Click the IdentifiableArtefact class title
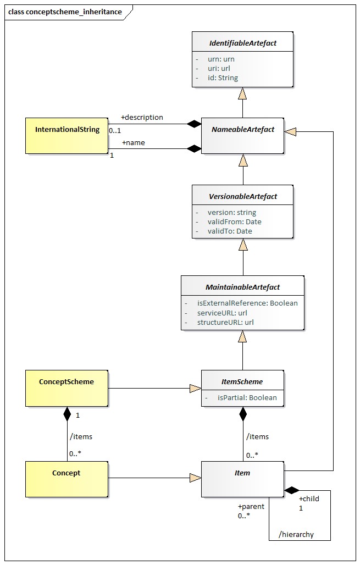[243, 43]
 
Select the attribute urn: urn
[221, 59]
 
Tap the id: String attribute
[223, 78]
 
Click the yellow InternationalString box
[67, 136]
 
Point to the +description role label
[142, 118]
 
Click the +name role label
[134, 143]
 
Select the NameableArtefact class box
[242, 136]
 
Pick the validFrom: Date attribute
[234, 221]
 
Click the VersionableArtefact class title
[243, 196]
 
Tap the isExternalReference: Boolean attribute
[247, 303]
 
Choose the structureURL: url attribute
[225, 322]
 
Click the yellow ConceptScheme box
[67, 388]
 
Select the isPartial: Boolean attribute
[247, 398]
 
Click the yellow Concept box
[67, 479]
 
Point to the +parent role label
[251, 506]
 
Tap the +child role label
[309, 498]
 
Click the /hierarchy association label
[296, 534]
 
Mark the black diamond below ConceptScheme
[67, 414]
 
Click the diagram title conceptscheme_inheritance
[74, 12]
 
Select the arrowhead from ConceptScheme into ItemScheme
[196, 388]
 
